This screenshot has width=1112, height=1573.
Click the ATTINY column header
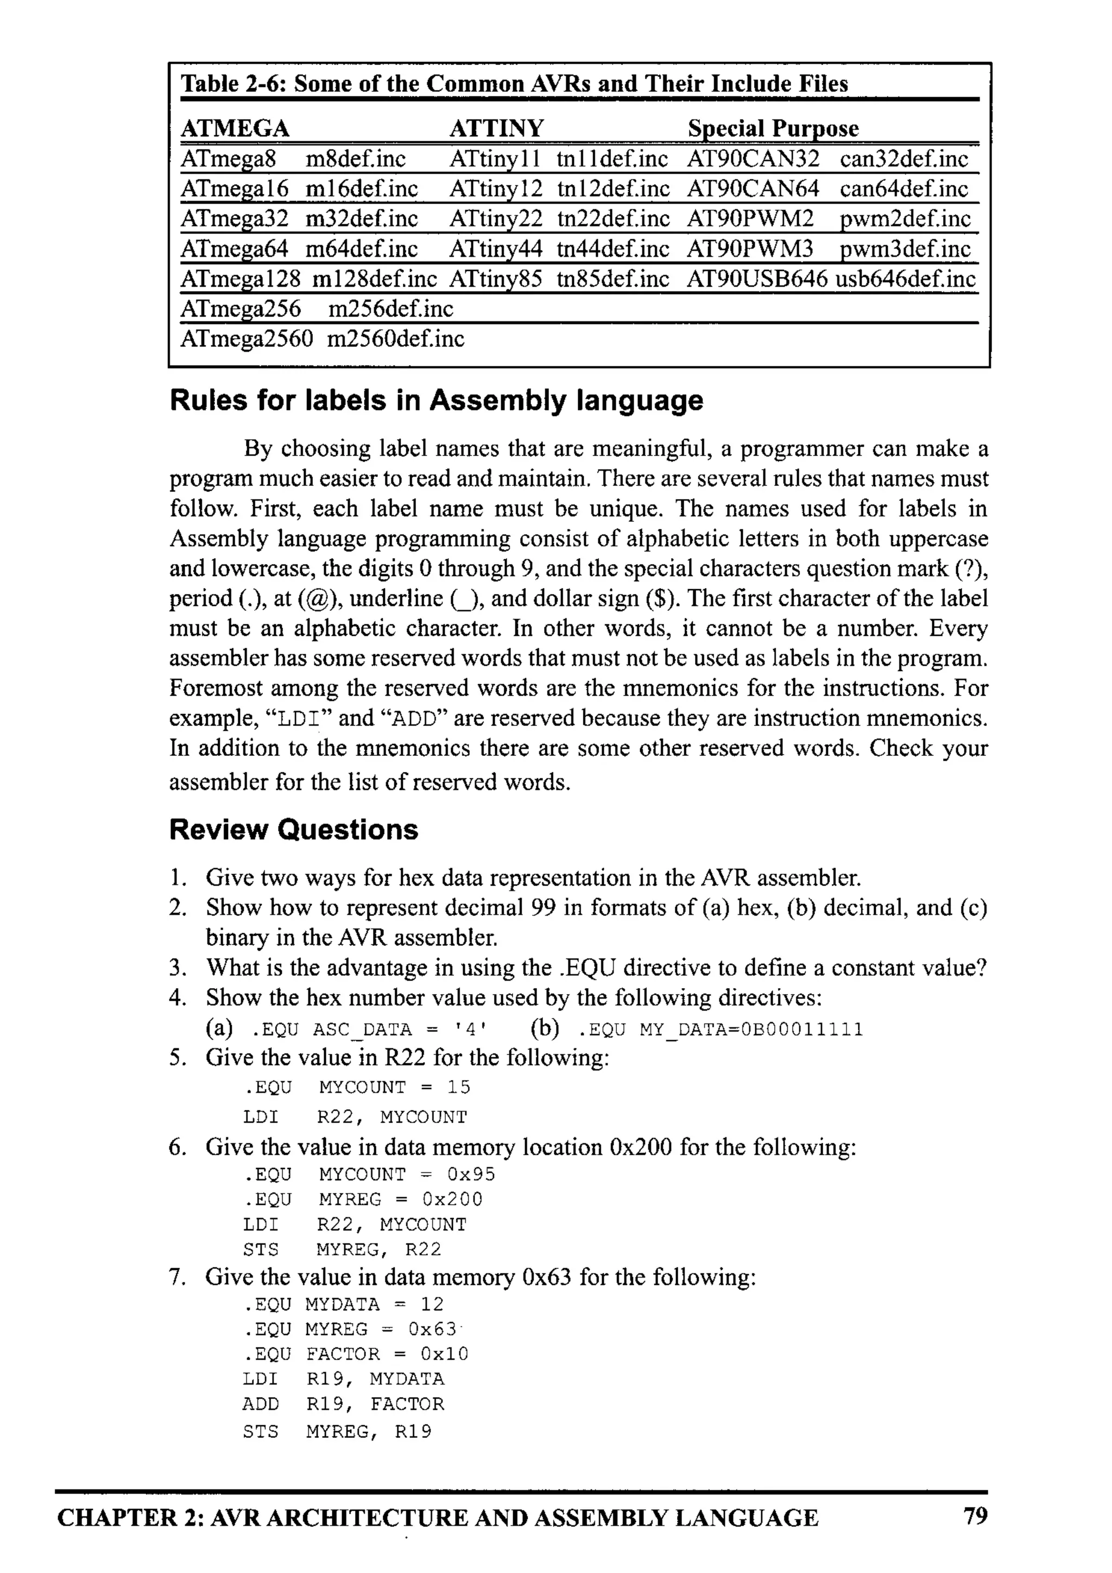click(x=496, y=128)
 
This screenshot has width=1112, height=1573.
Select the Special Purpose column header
click(x=772, y=128)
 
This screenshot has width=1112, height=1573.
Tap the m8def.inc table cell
click(x=355, y=159)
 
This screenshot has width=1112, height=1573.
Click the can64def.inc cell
click(x=903, y=188)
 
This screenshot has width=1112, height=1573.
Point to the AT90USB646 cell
click(x=756, y=279)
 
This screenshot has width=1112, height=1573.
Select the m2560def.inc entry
click(x=395, y=338)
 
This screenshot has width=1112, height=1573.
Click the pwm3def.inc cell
click(x=905, y=249)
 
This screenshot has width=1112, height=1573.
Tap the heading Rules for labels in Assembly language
click(x=436, y=400)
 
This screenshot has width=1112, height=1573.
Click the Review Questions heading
click(x=293, y=829)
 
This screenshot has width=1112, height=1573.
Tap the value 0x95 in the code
click(x=471, y=1174)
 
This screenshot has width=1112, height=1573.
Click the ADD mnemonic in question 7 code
click(x=261, y=1404)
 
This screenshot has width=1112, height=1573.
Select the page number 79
click(x=975, y=1515)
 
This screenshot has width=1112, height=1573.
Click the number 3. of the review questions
click(x=178, y=968)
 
